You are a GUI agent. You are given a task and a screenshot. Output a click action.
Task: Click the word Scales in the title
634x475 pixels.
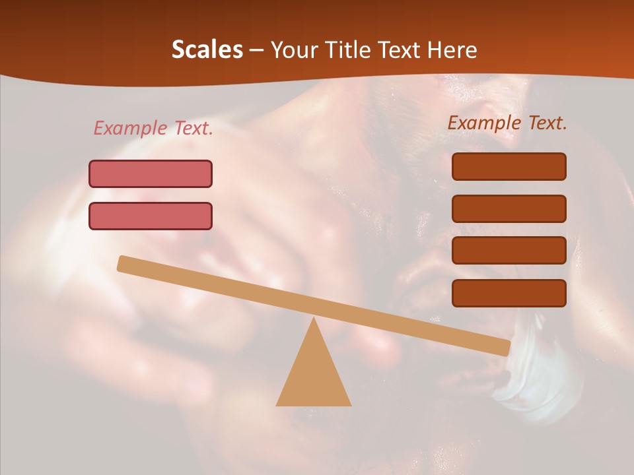point(207,50)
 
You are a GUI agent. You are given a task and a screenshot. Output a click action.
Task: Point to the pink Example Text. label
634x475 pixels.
point(153,128)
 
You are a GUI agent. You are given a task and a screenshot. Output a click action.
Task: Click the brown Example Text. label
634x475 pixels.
point(507,123)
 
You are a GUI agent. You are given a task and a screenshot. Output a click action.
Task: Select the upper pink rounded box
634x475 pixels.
point(151,174)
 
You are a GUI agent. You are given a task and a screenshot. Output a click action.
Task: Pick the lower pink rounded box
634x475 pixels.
point(151,216)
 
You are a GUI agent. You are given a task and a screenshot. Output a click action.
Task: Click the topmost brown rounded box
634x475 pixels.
point(509,166)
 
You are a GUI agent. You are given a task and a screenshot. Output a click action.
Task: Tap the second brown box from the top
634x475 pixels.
point(509,208)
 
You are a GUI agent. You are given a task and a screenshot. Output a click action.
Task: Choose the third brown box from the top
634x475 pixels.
point(509,251)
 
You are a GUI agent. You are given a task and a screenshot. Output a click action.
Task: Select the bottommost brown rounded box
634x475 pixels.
point(509,293)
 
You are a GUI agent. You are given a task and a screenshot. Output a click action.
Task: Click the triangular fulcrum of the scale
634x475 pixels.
point(314,376)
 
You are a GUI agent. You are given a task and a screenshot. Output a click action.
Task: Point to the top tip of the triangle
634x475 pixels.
point(314,319)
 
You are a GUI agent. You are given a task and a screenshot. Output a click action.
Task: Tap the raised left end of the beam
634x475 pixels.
point(123,264)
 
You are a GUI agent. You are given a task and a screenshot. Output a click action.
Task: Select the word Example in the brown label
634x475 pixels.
point(485,123)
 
